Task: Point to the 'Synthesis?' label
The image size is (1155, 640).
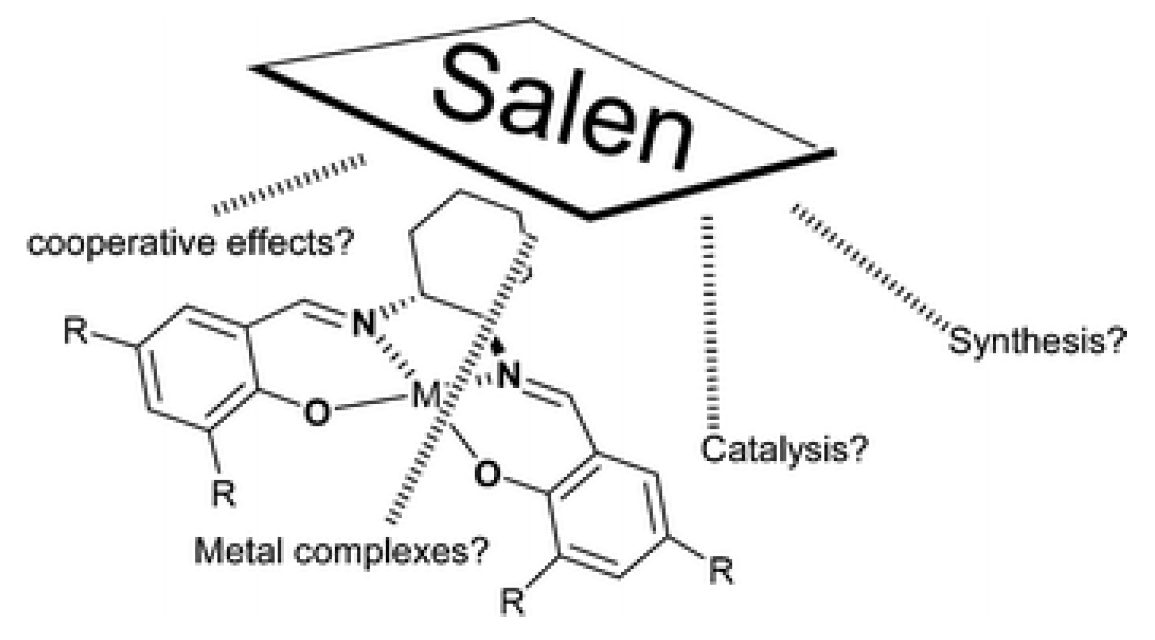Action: tap(1037, 341)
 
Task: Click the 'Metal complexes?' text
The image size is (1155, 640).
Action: tap(340, 550)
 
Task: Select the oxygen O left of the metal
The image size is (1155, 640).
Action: tap(316, 413)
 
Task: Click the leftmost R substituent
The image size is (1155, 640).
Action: tap(76, 332)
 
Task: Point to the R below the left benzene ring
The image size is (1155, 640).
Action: tap(224, 494)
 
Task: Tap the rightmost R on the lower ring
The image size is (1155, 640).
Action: tap(721, 572)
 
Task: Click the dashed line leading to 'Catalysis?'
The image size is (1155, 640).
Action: tap(711, 322)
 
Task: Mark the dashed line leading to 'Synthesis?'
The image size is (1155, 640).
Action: tap(870, 265)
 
